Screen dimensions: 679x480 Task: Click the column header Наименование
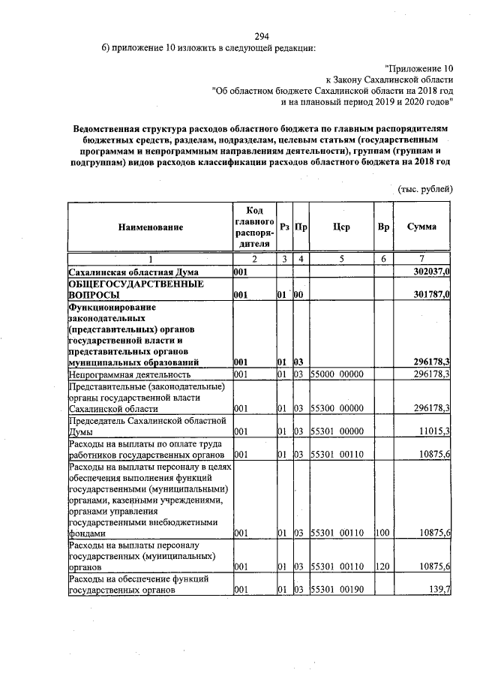pyautogui.click(x=149, y=226)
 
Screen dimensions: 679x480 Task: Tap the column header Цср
pyautogui.click(x=341, y=226)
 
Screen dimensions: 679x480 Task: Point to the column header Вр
pyautogui.click(x=383, y=226)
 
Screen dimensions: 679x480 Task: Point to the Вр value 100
pyautogui.click(x=382, y=533)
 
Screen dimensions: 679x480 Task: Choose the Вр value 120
pyautogui.click(x=382, y=568)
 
